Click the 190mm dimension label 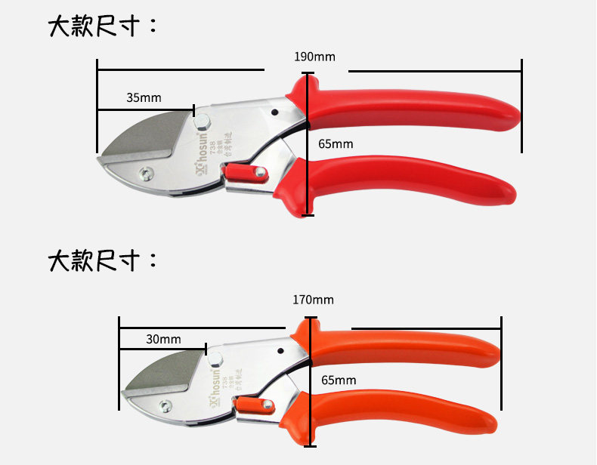pos(314,57)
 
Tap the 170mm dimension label pos(313,300)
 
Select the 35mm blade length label pos(144,97)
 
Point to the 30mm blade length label pos(163,340)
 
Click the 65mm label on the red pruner pos(336,144)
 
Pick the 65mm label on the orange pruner pos(338,380)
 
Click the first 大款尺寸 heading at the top pos(103,26)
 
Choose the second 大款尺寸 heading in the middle pos(103,261)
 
